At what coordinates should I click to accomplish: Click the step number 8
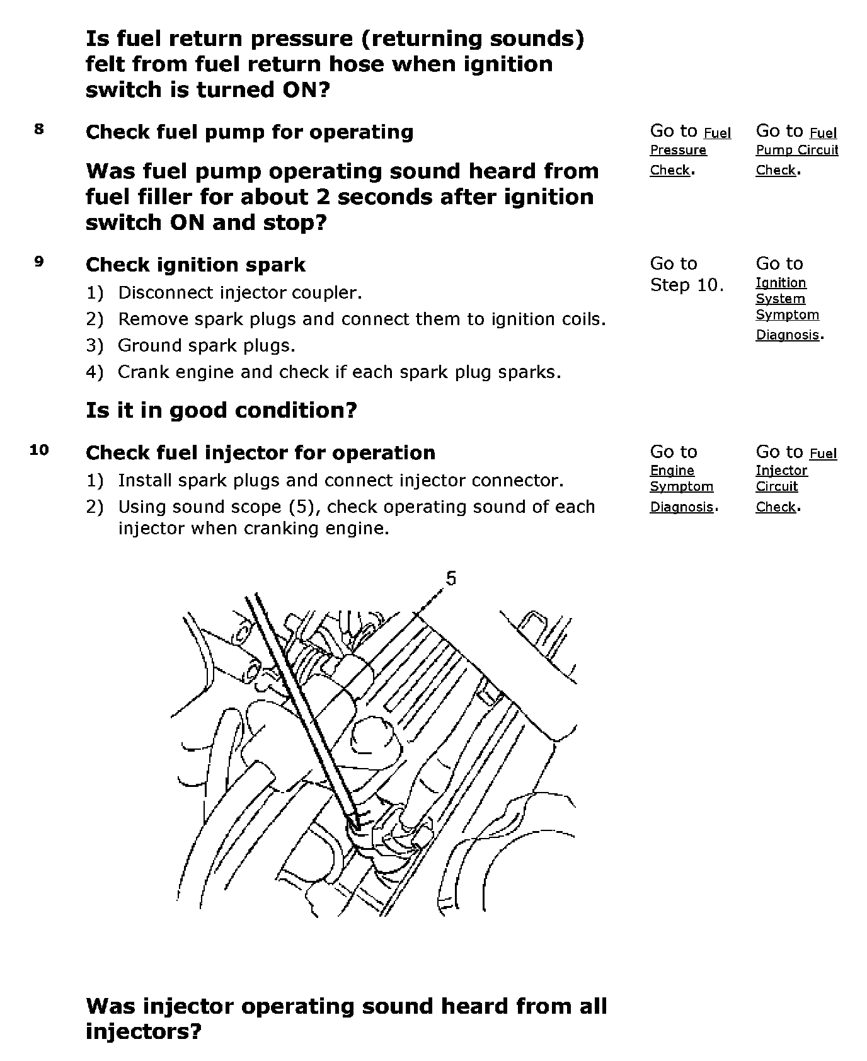click(39, 130)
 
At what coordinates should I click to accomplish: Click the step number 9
click(39, 262)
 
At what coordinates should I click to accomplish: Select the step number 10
click(39, 450)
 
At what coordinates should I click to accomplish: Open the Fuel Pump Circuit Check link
click(797, 151)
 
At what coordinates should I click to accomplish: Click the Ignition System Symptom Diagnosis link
click(787, 308)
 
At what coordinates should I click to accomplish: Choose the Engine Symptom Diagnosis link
click(681, 488)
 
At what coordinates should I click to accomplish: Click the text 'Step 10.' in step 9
click(687, 285)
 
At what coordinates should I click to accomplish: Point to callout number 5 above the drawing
click(451, 578)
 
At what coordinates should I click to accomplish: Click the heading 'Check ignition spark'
click(195, 265)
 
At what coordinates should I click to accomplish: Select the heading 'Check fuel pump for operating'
click(250, 132)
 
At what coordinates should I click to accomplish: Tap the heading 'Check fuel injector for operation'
click(260, 453)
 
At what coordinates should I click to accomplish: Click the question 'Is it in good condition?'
click(221, 411)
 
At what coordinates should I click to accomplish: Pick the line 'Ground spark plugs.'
click(206, 345)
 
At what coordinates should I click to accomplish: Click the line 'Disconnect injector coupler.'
click(239, 292)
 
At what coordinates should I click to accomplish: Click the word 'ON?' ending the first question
click(305, 89)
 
